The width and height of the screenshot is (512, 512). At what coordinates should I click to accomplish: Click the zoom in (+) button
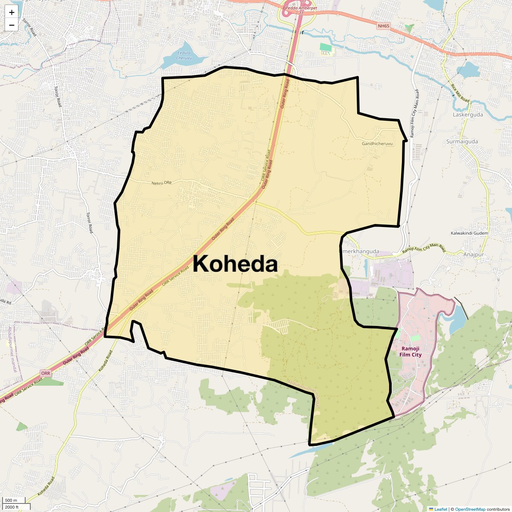(12, 12)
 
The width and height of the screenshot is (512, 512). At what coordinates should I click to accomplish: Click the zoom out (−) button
(12, 25)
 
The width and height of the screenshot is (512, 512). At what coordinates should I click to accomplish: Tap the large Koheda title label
(235, 264)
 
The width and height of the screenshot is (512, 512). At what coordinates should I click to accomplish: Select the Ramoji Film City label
(410, 352)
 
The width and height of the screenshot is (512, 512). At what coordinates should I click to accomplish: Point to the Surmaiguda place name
(462, 142)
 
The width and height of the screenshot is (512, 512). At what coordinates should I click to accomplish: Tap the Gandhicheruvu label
(377, 144)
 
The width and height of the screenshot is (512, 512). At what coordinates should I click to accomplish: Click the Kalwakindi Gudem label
(469, 233)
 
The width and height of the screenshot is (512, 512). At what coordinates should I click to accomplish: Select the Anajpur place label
(474, 255)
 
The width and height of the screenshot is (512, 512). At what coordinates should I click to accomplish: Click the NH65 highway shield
(384, 26)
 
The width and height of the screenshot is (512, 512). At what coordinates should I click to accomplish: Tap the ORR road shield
(46, 373)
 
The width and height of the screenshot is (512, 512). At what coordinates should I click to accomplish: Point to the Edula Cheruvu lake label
(184, 55)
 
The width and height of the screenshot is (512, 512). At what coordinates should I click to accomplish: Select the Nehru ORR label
(161, 183)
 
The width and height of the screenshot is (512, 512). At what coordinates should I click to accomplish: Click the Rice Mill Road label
(460, 93)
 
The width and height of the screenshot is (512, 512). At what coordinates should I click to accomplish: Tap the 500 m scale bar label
(11, 500)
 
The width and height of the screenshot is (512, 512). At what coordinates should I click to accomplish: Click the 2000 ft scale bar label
(12, 507)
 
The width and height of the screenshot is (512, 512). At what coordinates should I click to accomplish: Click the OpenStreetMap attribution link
(470, 509)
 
